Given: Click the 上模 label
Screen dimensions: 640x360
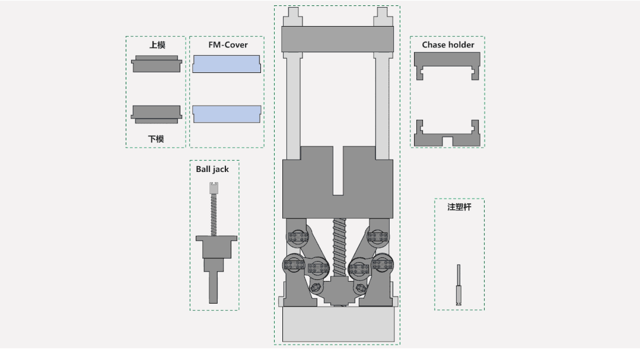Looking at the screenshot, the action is click(157, 45).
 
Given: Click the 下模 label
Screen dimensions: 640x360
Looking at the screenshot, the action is click(156, 139).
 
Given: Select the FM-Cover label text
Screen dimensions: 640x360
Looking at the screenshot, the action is click(228, 44).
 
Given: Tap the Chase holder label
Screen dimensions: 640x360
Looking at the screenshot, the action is click(448, 44).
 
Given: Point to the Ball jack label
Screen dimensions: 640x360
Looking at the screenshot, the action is click(212, 169).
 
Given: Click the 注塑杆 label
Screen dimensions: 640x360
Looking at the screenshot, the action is click(459, 207).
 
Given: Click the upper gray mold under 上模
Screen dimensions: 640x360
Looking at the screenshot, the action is click(157, 63).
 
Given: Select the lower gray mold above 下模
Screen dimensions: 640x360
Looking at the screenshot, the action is click(157, 114).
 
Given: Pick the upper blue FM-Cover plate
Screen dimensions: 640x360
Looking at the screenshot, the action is click(227, 64).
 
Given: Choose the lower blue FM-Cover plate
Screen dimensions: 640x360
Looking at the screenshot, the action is click(227, 114).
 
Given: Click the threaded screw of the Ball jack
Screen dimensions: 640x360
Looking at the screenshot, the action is click(214, 215).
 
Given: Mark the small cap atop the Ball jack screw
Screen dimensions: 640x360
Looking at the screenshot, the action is click(214, 188).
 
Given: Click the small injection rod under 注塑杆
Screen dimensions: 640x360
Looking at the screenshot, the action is click(458, 285).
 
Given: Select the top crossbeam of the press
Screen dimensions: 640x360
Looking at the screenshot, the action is click(337, 39).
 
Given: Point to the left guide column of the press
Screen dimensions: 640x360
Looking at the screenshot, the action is click(294, 106).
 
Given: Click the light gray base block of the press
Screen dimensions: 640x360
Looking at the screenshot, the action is click(338, 324).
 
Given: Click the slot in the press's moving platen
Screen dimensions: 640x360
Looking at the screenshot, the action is click(338, 171).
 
